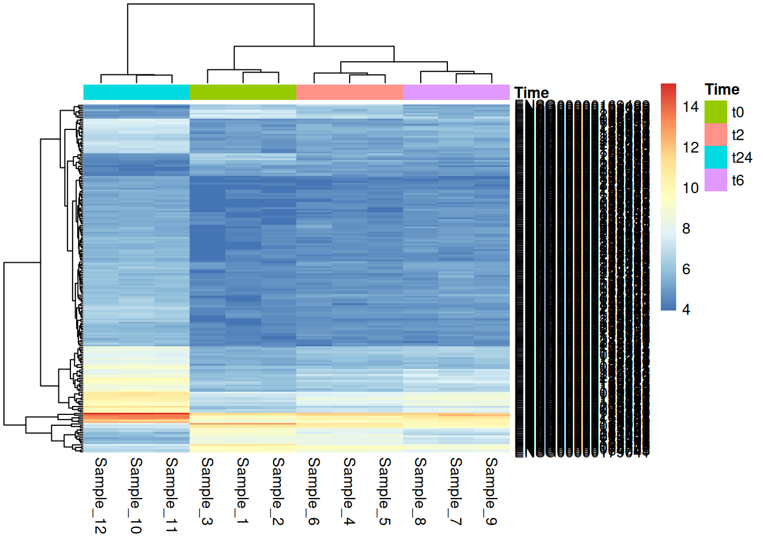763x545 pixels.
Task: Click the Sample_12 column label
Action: (x=100, y=496)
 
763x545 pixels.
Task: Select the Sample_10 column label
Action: (x=136, y=496)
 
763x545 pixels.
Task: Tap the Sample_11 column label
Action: (x=171, y=496)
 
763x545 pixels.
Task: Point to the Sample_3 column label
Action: (x=207, y=492)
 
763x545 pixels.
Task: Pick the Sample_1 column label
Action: (x=242, y=492)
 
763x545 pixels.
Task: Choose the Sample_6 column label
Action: (x=313, y=492)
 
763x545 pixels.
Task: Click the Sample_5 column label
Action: (x=384, y=492)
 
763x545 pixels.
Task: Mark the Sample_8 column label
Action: (x=420, y=492)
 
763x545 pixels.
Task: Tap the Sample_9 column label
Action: (x=491, y=492)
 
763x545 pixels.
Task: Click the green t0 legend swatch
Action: (x=715, y=112)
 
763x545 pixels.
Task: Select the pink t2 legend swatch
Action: (x=715, y=135)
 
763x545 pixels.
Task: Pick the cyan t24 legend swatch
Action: (x=715, y=157)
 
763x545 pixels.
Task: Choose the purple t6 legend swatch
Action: (x=715, y=180)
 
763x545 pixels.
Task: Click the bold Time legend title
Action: (x=722, y=90)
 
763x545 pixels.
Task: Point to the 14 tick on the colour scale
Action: (x=690, y=107)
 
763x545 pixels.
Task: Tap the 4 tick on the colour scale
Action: (x=686, y=309)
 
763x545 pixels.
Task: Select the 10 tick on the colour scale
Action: (x=690, y=188)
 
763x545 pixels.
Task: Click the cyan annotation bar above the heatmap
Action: (x=136, y=92)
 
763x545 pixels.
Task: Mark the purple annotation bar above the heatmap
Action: (x=456, y=92)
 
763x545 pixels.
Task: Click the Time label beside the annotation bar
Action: (x=531, y=93)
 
